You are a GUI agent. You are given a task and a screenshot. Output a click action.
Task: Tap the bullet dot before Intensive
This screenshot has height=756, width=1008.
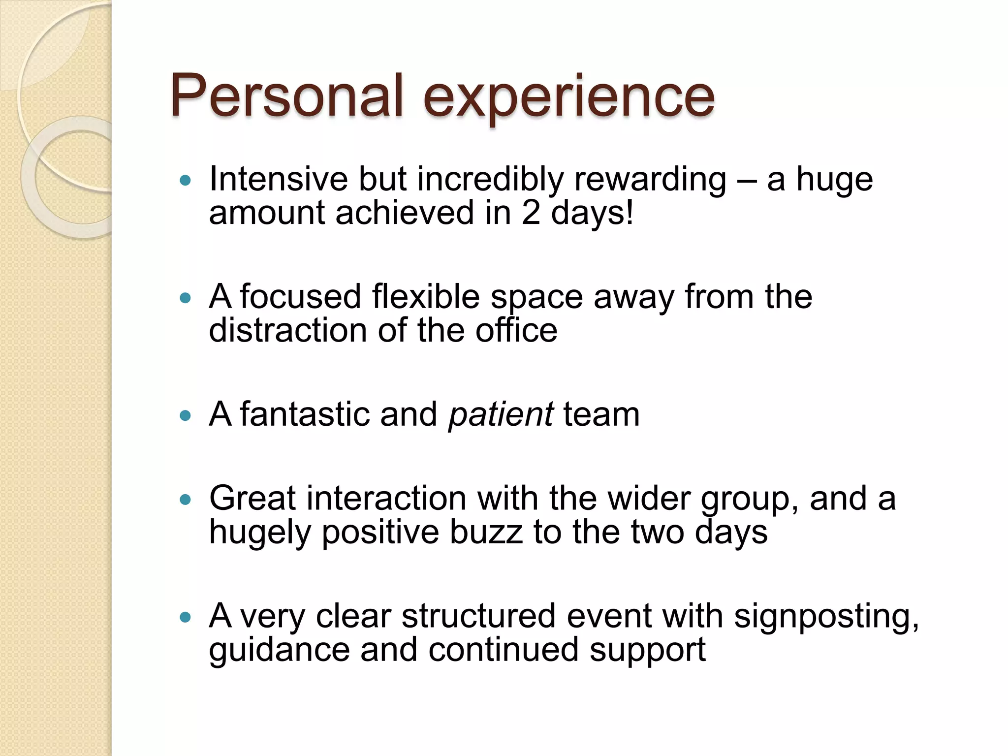coord(185,181)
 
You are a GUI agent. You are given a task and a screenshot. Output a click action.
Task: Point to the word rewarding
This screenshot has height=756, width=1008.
coord(650,180)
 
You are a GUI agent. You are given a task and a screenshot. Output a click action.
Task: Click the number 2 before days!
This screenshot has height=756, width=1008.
coord(531,213)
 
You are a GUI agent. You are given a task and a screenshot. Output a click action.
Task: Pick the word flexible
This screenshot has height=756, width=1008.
coord(426,297)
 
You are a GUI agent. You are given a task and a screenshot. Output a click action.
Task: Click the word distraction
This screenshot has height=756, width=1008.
coord(288,330)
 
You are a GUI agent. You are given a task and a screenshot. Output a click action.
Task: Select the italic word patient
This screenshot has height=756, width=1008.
coord(501,414)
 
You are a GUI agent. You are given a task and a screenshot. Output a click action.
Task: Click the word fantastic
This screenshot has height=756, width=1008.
coord(305,414)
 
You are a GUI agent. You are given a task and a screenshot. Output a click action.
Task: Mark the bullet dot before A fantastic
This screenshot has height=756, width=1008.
coord(185,416)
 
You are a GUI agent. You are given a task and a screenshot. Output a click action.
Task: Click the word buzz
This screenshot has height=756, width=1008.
coord(486,533)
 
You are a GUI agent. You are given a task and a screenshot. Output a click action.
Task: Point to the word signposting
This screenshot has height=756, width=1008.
coord(826,617)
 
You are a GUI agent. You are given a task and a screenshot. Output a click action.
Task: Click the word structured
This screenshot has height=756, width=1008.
coord(478,616)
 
